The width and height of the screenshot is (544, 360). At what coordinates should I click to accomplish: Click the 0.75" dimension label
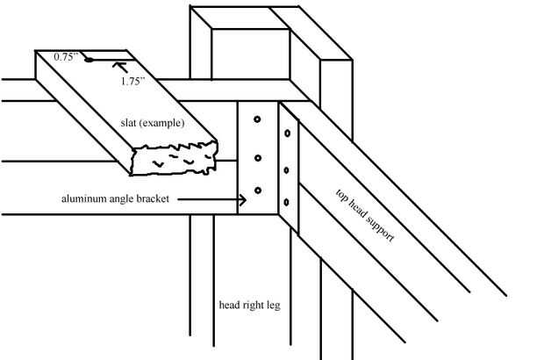67,56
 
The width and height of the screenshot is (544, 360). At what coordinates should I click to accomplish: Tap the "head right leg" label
247,306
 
